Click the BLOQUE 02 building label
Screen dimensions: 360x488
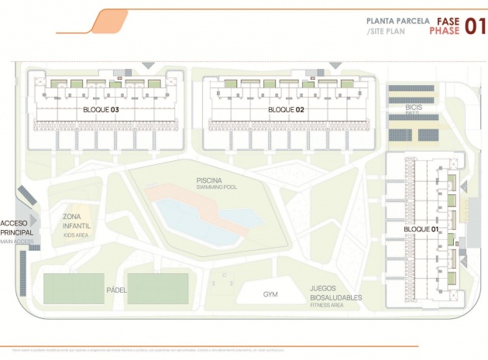click(x=286, y=110)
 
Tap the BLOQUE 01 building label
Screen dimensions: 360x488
click(x=421, y=230)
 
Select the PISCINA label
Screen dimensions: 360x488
click(x=209, y=180)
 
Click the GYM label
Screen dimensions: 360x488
click(x=270, y=294)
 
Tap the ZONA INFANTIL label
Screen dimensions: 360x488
click(x=77, y=221)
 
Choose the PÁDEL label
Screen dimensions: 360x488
click(x=117, y=290)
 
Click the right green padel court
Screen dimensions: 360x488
click(x=158, y=289)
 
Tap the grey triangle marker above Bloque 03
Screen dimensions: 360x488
click(x=149, y=66)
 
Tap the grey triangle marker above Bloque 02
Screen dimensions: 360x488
click(x=335, y=66)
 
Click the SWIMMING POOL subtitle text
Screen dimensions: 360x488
click(x=209, y=188)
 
